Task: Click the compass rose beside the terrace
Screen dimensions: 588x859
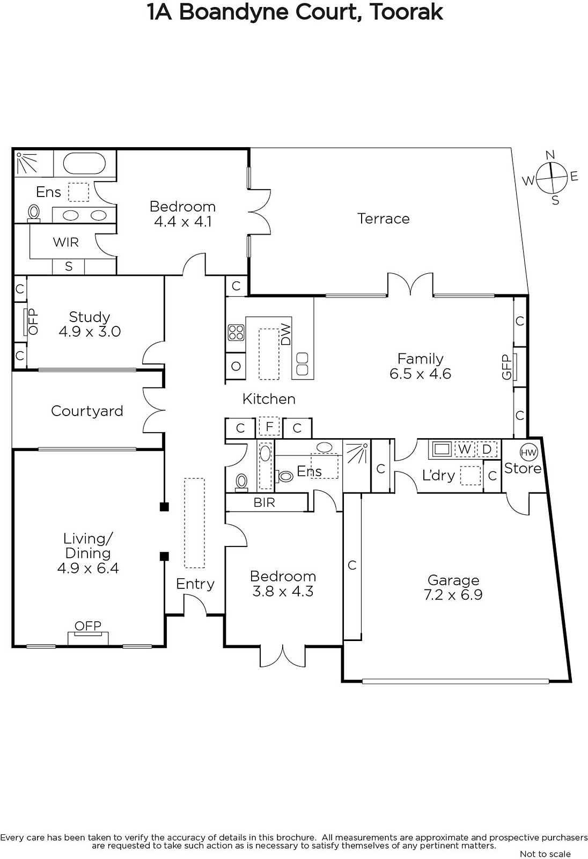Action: (x=551, y=178)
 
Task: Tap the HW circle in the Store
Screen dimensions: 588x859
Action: (x=528, y=453)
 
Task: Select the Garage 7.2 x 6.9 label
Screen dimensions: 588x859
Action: (x=453, y=587)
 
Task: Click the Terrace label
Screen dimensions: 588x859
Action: (x=383, y=219)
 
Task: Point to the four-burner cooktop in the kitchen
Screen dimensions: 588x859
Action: (x=236, y=332)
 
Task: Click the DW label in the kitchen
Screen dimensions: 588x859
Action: (x=286, y=334)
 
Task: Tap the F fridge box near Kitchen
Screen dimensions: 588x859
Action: (x=269, y=426)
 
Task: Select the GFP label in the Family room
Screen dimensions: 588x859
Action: (x=507, y=367)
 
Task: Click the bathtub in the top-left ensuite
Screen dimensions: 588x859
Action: (x=84, y=164)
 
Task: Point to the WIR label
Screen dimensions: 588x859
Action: (x=66, y=242)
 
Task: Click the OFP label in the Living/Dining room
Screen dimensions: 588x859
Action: (x=88, y=626)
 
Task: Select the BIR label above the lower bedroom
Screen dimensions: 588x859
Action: (x=264, y=503)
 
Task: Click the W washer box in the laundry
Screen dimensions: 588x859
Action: (x=465, y=449)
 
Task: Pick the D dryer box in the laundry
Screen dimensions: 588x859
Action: (x=487, y=449)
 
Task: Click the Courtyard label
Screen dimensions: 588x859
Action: (x=87, y=411)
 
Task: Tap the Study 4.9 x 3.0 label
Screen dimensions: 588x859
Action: (x=90, y=324)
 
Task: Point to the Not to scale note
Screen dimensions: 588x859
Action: (x=545, y=854)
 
